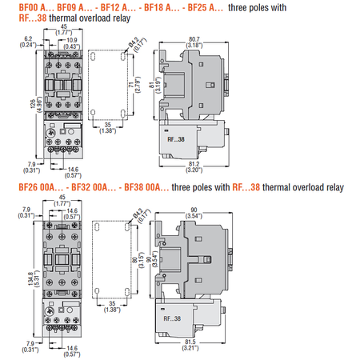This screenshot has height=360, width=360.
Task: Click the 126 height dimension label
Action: click(33, 103)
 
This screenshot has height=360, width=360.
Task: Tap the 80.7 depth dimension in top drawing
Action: click(194, 39)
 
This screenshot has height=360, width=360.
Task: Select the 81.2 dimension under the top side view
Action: click(194, 164)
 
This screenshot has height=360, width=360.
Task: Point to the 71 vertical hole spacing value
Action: click(131, 85)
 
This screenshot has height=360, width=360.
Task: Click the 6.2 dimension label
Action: click(28, 38)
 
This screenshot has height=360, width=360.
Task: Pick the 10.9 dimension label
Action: click(72, 40)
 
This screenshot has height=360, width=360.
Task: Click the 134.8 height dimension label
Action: click(30, 278)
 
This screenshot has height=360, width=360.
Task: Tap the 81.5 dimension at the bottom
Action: click(190, 342)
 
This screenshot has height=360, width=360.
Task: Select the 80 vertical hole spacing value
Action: click(135, 259)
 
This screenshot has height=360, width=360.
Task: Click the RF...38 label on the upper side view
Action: click(176, 139)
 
